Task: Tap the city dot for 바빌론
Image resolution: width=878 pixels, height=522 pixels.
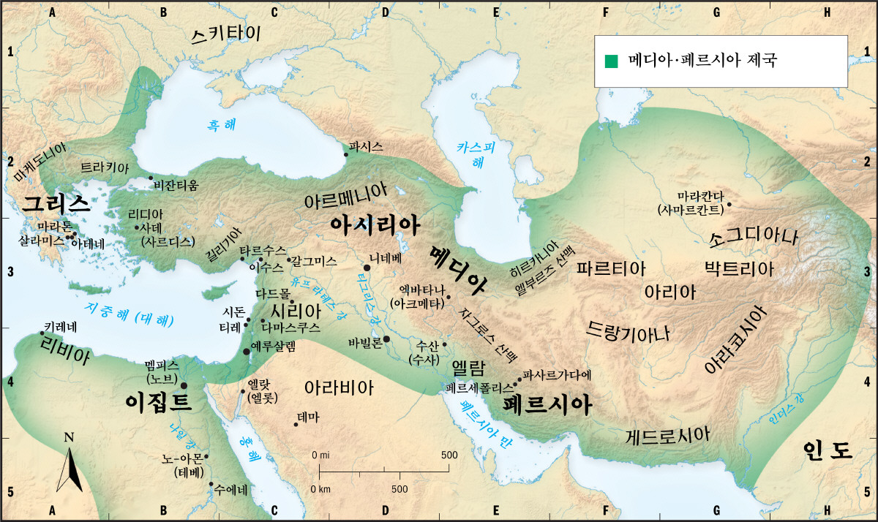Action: click(x=386, y=339)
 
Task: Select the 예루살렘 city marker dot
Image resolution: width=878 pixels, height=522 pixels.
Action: click(x=247, y=352)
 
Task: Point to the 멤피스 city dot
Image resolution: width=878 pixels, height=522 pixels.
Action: click(x=184, y=385)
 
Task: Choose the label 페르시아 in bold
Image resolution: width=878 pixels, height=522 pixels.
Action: click(x=547, y=405)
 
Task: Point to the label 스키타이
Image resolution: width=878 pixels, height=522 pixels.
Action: click(x=225, y=36)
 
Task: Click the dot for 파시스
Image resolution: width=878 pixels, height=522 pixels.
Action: click(x=345, y=154)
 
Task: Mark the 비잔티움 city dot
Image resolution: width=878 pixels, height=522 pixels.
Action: click(x=151, y=178)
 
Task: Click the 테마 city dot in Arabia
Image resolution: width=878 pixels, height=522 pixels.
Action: click(x=296, y=425)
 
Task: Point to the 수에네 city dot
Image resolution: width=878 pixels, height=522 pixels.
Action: click(x=211, y=484)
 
